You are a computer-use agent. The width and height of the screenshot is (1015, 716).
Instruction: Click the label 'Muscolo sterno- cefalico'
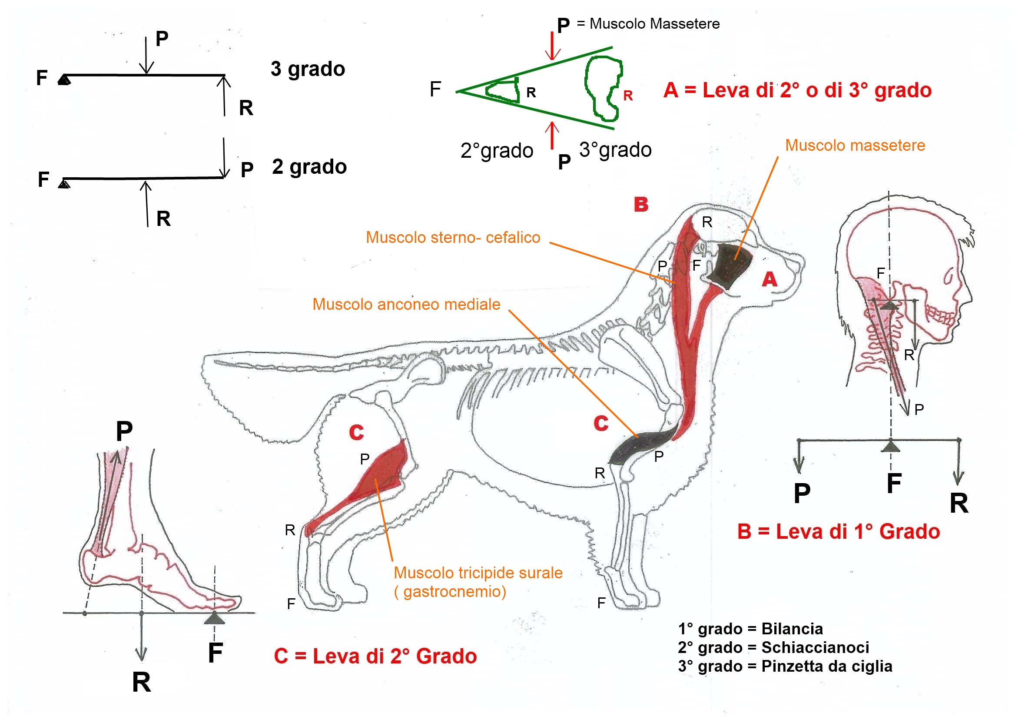pyautogui.click(x=453, y=238)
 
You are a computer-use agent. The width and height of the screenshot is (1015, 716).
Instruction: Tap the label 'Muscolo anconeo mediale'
pyautogui.click(x=406, y=305)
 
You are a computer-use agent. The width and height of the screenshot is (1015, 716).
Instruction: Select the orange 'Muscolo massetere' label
pyautogui.click(x=855, y=146)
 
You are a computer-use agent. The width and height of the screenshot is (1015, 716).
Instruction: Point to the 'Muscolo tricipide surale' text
pyautogui.click(x=478, y=573)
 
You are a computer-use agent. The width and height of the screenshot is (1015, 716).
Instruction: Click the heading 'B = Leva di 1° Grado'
pyautogui.click(x=838, y=532)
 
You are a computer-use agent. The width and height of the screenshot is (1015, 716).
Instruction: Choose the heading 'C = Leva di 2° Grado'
pyautogui.click(x=375, y=656)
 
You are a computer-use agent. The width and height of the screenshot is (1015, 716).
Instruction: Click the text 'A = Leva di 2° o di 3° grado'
pyautogui.click(x=797, y=91)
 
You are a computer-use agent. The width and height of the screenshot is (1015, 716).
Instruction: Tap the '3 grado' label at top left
pyautogui.click(x=308, y=70)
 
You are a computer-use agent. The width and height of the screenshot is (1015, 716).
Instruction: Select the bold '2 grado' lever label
pyautogui.click(x=309, y=167)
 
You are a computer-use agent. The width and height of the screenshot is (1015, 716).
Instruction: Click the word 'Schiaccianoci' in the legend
pyautogui.click(x=815, y=647)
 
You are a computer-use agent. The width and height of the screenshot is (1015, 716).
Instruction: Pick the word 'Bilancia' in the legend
pyautogui.click(x=792, y=629)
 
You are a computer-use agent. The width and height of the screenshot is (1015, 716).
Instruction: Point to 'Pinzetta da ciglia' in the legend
pyautogui.click(x=827, y=666)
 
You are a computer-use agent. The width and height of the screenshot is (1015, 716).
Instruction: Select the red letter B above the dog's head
pyautogui.click(x=640, y=205)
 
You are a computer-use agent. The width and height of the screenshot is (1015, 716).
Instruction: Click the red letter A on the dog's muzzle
pyautogui.click(x=769, y=279)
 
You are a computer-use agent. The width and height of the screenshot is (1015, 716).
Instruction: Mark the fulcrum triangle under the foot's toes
pyautogui.click(x=214, y=618)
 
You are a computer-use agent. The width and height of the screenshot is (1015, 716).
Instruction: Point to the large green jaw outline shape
pyautogui.click(x=604, y=88)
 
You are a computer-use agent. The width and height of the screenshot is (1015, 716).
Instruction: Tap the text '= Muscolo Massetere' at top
pyautogui.click(x=649, y=24)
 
